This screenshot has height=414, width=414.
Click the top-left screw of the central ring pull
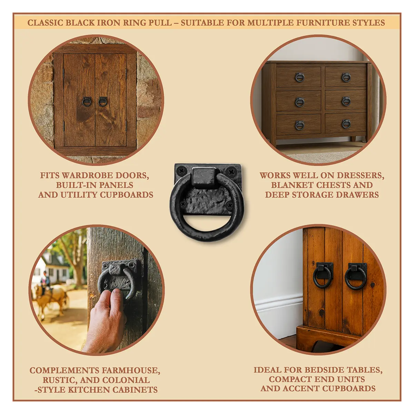pos(182,171)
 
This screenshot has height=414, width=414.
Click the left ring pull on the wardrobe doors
pos(87,102)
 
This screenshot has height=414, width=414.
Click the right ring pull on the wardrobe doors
pos(103,102)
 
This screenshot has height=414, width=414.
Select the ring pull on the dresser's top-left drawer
pos(299,77)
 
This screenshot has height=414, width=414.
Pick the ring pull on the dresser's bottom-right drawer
pos(346,124)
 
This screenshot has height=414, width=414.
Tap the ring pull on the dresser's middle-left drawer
pos(299,102)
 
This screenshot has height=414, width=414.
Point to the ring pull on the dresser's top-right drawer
pos(346,77)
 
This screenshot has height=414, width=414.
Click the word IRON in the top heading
pos(108,23)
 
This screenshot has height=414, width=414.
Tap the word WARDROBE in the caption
pos(88,175)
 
